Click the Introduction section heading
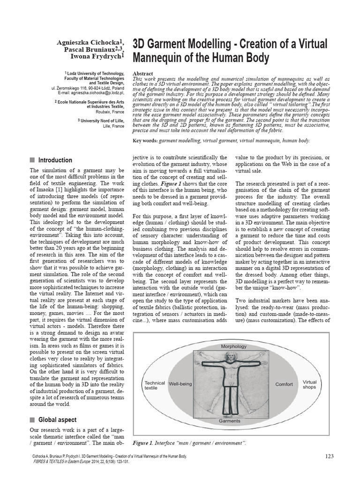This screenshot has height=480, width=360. click(55, 160)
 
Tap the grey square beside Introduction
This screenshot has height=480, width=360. click(32, 160)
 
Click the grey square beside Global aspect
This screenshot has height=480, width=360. click(32, 420)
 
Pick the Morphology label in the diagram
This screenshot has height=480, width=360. click(233, 346)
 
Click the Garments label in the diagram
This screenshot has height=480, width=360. click(230, 421)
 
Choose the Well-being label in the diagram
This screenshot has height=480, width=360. click(180, 384)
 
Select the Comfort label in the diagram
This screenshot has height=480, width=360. click(284, 384)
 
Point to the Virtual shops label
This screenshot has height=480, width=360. click(310, 384)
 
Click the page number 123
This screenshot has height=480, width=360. click(330, 456)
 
